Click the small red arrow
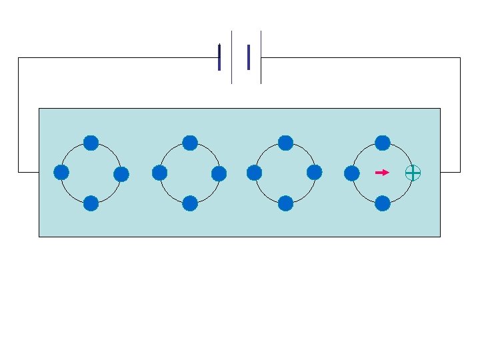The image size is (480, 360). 382,173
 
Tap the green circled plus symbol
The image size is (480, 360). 413,173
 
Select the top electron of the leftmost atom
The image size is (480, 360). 91,143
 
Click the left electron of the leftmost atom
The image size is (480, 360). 61,173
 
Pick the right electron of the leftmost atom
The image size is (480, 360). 121,175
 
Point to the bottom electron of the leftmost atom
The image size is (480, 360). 91,203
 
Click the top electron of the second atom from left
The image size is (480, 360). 190,143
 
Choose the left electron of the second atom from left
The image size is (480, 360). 159,173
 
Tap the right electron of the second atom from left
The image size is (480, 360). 219,174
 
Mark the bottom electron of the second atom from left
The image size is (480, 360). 190,203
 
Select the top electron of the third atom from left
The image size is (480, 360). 285,143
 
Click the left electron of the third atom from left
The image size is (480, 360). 254,173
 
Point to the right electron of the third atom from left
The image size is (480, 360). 315,173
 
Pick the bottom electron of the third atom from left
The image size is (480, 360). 285,203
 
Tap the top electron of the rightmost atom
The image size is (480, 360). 383,143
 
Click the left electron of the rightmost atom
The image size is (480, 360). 351,173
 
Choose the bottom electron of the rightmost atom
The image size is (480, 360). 383,203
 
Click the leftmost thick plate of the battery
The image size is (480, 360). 219,57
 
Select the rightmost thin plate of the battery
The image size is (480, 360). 261,57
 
